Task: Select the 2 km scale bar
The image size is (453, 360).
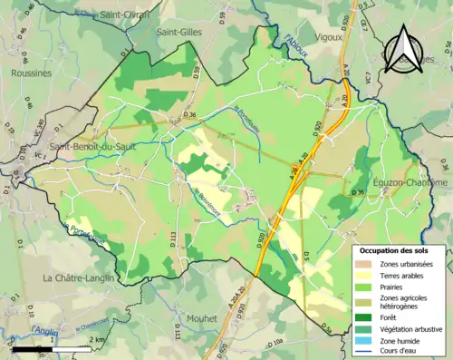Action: tap(53, 348)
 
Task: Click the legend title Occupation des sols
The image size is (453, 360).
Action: tap(400, 250)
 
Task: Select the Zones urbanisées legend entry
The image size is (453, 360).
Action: tap(399, 263)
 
